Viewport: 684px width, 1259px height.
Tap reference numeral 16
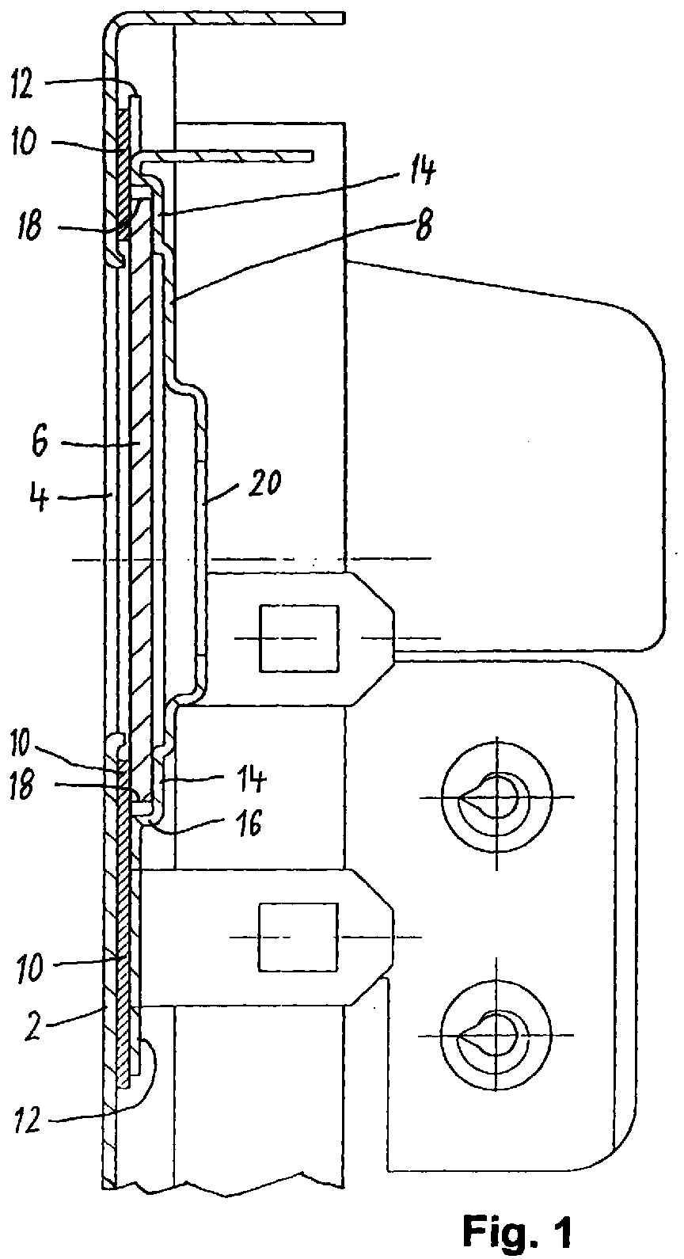click(x=248, y=824)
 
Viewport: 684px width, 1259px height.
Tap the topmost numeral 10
click(x=25, y=142)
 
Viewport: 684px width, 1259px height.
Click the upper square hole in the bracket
click(x=298, y=638)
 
